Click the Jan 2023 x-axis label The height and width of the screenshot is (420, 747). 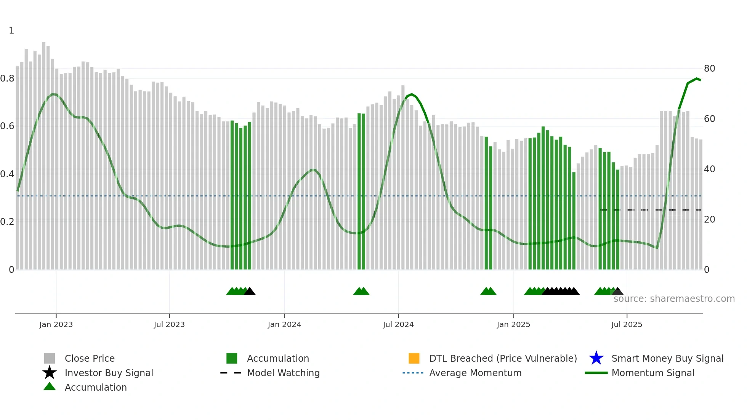56,324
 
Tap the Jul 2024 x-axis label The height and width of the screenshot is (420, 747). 398,324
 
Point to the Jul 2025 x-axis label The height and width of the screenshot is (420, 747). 627,324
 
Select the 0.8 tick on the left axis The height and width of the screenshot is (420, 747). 7,79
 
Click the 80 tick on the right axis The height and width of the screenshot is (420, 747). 709,69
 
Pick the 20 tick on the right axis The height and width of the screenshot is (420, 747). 709,220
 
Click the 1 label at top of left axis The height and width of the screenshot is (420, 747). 11,30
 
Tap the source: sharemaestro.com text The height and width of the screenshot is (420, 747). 674,299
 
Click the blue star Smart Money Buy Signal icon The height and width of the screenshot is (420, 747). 596,358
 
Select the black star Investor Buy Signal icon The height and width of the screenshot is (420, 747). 50,373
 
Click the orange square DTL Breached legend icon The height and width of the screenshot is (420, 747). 414,358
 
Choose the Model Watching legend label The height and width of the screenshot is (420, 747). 283,373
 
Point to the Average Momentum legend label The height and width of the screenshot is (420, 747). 475,373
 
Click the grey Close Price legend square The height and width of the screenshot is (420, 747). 50,358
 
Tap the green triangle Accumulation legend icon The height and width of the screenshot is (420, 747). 50,386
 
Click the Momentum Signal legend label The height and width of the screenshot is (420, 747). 653,373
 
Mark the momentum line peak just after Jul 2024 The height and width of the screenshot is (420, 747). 412,94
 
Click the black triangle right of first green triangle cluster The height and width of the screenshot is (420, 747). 250,292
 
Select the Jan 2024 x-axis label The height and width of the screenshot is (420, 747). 284,324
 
